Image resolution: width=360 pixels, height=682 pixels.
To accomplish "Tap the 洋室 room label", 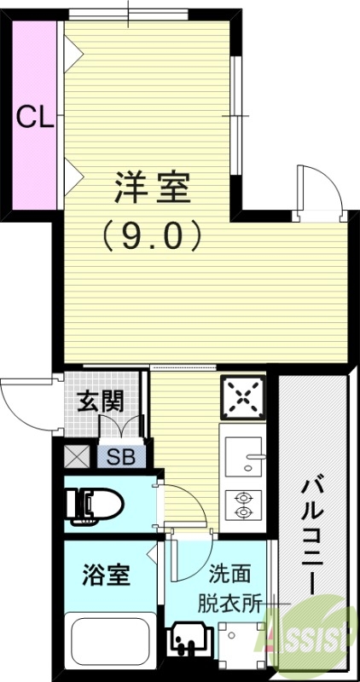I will (152, 188).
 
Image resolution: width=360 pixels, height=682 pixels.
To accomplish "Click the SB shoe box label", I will (119, 457).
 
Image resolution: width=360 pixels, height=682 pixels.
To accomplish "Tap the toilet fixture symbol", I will (96, 505).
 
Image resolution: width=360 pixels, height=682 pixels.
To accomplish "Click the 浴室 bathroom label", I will (106, 575).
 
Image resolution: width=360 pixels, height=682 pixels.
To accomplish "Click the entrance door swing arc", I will (26, 405).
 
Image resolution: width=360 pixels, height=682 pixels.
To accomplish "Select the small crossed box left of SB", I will (78, 458).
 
